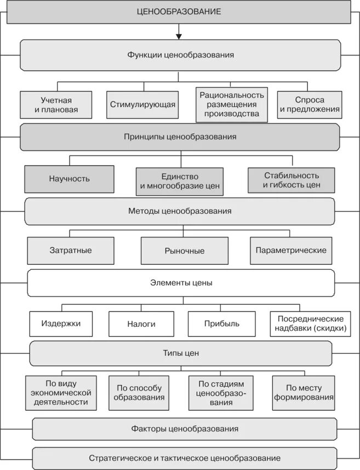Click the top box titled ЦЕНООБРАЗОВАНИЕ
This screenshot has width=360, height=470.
pos(179,12)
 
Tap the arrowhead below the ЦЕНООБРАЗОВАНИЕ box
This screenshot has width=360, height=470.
pos(179,36)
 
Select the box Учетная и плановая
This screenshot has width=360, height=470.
pos(56,105)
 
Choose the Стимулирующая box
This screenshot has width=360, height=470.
pos(142,105)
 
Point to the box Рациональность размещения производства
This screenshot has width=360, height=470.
pos(231,104)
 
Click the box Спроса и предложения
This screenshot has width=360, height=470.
pos(310,105)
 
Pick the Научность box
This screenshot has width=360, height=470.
pos(69,179)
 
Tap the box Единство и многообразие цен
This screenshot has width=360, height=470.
pos(180,182)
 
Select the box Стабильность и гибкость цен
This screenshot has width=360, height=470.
pos(291,180)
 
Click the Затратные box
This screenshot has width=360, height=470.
pos(71,251)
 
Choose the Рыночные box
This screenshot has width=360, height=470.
pos(184,251)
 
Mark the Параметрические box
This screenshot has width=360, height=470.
pos(291,251)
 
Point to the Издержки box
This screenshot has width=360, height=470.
pos(61,324)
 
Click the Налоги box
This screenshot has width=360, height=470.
pos(142,324)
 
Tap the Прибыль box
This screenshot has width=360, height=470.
pos(221,324)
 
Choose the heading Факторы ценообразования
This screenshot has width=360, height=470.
pos(185,429)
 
